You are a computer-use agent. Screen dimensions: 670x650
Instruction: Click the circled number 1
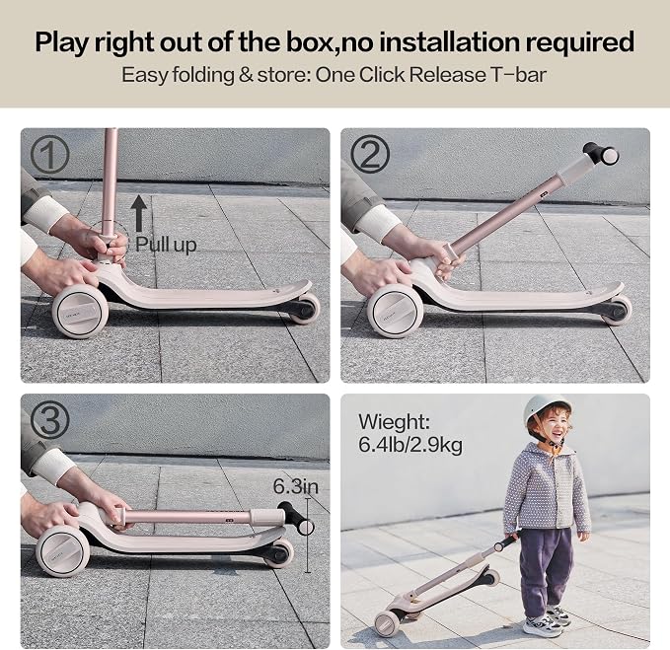tap(49, 154)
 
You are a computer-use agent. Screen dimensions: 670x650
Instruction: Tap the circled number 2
tap(370, 154)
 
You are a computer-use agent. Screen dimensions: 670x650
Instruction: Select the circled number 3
tap(50, 420)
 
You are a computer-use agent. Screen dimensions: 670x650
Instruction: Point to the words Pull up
tap(166, 245)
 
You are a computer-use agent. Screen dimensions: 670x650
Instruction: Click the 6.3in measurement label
tap(296, 486)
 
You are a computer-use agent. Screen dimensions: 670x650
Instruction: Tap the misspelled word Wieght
tap(394, 422)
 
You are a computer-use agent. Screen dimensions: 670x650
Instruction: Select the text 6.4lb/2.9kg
tap(410, 445)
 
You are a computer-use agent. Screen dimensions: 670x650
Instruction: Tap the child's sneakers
tap(548, 620)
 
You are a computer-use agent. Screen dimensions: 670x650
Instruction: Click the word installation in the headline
tap(450, 41)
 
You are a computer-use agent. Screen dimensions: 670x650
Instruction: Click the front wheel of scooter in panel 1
tap(80, 312)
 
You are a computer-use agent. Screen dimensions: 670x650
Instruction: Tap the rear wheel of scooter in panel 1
tap(304, 308)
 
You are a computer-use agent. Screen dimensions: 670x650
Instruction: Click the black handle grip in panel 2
tap(601, 154)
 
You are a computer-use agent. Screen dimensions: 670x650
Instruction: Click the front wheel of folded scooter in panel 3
tap(63, 551)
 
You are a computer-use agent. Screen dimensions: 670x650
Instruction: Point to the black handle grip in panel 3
tap(296, 519)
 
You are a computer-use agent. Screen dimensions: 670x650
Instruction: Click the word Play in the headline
tap(62, 42)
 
